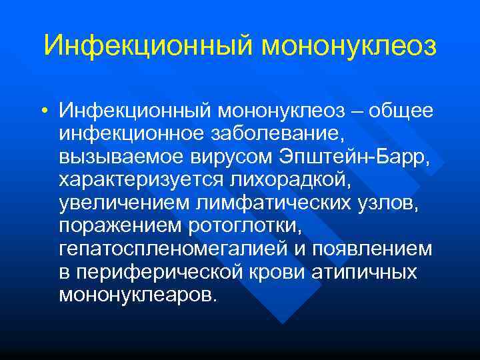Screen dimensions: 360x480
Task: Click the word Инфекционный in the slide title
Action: click(x=147, y=46)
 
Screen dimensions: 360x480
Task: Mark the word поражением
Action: click(x=118, y=227)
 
